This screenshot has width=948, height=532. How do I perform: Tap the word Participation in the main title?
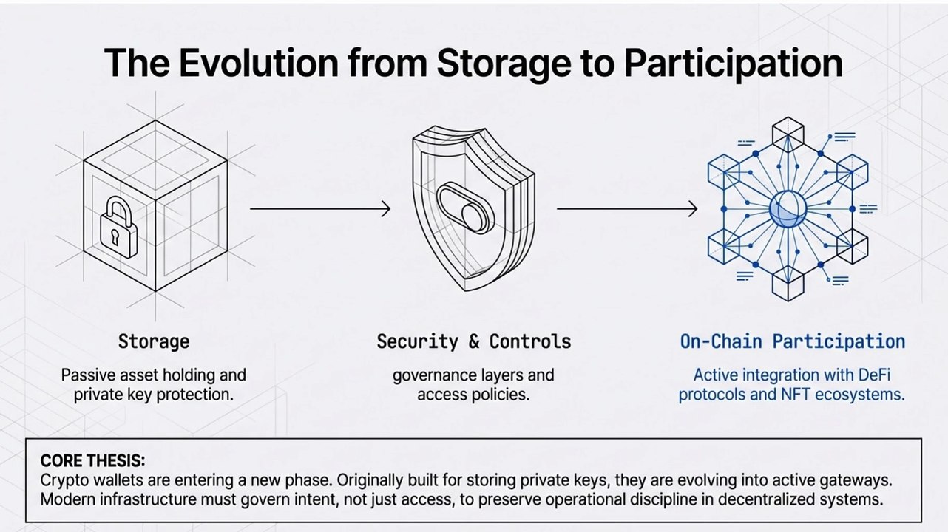pyautogui.click(x=733, y=62)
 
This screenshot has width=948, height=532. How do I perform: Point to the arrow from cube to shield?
pyautogui.click(x=319, y=209)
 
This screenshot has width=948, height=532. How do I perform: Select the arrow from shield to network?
pyautogui.click(x=626, y=209)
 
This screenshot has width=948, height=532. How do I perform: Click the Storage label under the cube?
pyautogui.click(x=154, y=341)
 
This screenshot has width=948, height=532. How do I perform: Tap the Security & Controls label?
pyautogui.click(x=474, y=341)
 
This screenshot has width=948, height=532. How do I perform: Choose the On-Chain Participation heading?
pyautogui.click(x=792, y=341)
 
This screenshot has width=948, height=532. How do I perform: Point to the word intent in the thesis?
pyautogui.click(x=321, y=499)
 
